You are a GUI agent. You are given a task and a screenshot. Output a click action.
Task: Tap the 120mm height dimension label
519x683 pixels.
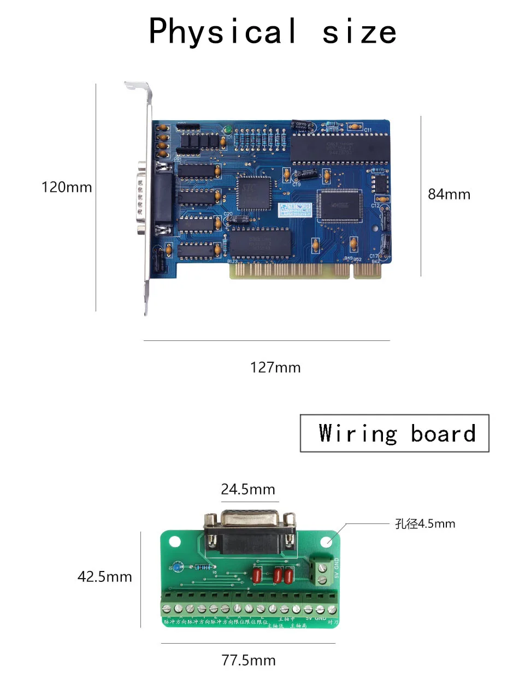[x=67, y=187]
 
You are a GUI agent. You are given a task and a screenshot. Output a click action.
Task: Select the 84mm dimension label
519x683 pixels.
[x=449, y=194]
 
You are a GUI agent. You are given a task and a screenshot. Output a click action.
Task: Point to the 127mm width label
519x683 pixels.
[x=275, y=367]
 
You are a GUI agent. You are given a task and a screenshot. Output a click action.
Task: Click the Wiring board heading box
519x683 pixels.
[x=394, y=433]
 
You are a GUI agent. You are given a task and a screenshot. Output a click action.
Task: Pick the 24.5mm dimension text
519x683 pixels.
[x=247, y=489]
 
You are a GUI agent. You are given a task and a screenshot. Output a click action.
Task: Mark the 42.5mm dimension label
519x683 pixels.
[x=104, y=576]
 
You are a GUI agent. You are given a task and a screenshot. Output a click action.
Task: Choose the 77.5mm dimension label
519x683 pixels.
[x=248, y=660]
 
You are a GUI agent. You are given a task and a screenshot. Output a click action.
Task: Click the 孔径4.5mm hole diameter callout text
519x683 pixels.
[x=424, y=524]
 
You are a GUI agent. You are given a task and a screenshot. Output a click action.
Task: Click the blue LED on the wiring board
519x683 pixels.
[x=176, y=567]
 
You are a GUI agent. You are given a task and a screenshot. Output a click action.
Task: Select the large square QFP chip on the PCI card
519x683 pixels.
[x=339, y=205]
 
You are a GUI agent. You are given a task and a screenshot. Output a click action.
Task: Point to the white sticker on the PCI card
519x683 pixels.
[x=294, y=209]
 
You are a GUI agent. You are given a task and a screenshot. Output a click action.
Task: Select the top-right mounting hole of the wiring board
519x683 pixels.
[x=326, y=542]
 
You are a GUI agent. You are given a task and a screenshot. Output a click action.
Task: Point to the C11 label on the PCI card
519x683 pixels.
[x=368, y=130]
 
